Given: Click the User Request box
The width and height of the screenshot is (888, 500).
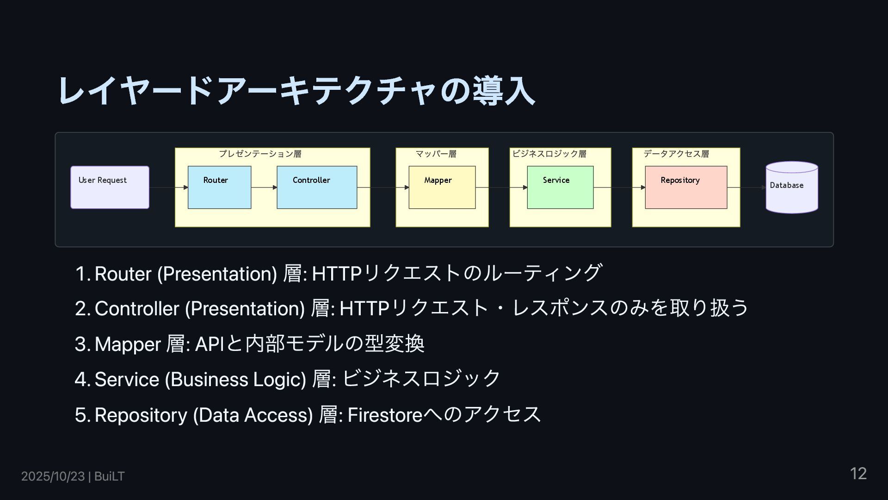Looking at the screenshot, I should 110,187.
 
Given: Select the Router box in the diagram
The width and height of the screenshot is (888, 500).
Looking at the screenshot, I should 219,187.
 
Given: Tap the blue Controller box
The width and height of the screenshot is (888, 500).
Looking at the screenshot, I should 317,187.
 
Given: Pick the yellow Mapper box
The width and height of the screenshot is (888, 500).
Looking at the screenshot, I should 442,187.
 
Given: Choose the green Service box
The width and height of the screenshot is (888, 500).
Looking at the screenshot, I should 560,187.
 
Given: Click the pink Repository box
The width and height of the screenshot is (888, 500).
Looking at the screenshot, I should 686,187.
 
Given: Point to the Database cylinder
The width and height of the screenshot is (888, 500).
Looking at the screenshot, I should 791,187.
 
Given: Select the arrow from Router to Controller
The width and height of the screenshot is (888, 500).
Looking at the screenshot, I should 264,187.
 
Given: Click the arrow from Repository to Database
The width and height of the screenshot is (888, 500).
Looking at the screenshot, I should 746,187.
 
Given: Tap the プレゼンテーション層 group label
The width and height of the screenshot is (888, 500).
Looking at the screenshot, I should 260,154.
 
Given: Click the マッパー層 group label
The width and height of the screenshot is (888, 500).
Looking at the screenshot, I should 436,154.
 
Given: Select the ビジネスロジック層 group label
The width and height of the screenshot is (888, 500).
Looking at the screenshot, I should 549,154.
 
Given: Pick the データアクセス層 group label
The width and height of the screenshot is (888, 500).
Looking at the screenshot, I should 676,154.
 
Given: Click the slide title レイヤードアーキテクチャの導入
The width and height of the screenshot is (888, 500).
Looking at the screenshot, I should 296,90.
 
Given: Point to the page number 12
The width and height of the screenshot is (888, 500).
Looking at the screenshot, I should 858,474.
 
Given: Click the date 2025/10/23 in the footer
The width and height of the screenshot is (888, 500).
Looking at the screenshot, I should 53,476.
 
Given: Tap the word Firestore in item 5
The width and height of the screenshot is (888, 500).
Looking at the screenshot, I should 385,415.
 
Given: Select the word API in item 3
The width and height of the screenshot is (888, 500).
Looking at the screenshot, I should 209,344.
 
